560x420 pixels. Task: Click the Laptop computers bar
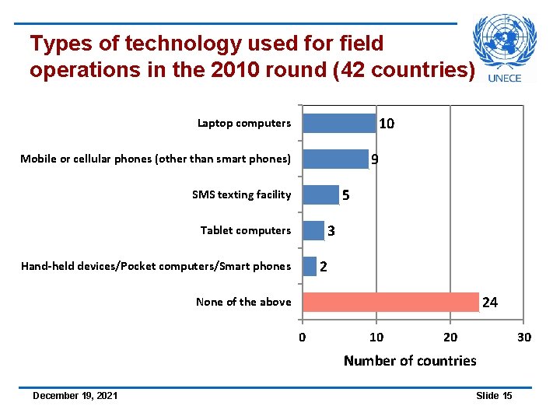point(338,124)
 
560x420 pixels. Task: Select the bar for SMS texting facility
point(320,195)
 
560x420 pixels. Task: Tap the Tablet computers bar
point(313,231)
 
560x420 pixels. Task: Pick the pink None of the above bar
point(390,302)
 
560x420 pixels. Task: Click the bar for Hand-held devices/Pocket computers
point(310,267)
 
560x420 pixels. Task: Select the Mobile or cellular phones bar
point(335,159)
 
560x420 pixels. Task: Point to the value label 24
point(490,303)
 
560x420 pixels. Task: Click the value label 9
point(375,160)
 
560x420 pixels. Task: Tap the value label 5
point(346,196)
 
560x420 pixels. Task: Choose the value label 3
point(331,232)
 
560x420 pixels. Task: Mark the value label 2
point(324,268)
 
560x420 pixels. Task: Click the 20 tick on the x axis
point(450,337)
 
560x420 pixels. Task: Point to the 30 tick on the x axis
point(523,337)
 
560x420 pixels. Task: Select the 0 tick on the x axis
point(303,337)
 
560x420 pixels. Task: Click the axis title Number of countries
point(410,360)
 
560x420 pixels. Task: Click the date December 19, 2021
point(75,396)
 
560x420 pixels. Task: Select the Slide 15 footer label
point(494,396)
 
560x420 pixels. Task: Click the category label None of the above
point(243,302)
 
